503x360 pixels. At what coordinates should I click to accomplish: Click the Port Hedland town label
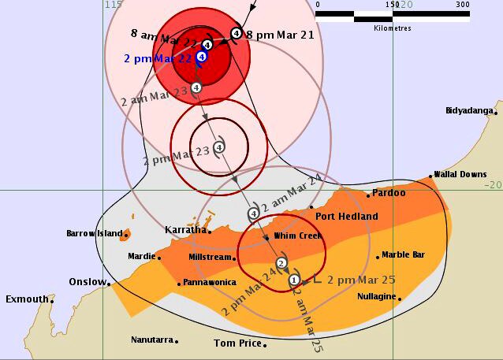346,217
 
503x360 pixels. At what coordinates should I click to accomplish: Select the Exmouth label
26,299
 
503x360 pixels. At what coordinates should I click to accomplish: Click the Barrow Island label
95,234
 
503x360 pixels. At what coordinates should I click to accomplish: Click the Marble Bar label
404,255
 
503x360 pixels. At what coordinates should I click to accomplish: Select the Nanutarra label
152,340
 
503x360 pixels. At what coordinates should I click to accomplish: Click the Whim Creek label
298,236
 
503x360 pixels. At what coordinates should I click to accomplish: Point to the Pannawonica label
209,283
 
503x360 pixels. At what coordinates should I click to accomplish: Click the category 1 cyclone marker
294,279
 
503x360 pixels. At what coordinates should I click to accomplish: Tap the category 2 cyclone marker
281,263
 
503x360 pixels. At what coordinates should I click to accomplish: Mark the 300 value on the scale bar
462,5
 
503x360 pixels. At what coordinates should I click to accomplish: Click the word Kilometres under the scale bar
392,26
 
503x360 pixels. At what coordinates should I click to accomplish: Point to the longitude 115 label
114,5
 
